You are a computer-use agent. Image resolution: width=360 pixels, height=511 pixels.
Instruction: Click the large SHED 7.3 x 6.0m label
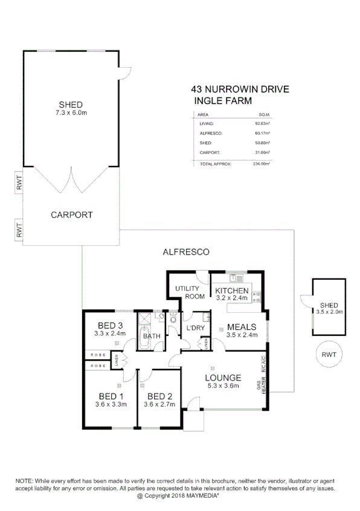click(71, 108)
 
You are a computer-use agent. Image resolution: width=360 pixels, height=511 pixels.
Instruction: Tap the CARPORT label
click(71, 214)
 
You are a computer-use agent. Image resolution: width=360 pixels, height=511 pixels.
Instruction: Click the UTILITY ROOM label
click(187, 292)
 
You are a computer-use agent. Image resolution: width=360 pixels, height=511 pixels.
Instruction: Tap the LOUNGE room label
click(223, 377)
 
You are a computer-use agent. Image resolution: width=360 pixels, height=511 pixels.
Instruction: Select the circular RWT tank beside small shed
click(329, 355)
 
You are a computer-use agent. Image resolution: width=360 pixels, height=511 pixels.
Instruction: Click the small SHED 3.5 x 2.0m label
click(329, 308)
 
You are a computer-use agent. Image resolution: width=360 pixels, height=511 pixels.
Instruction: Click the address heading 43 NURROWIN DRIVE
click(240, 90)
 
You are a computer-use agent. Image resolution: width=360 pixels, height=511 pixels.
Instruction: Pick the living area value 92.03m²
click(262, 124)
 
